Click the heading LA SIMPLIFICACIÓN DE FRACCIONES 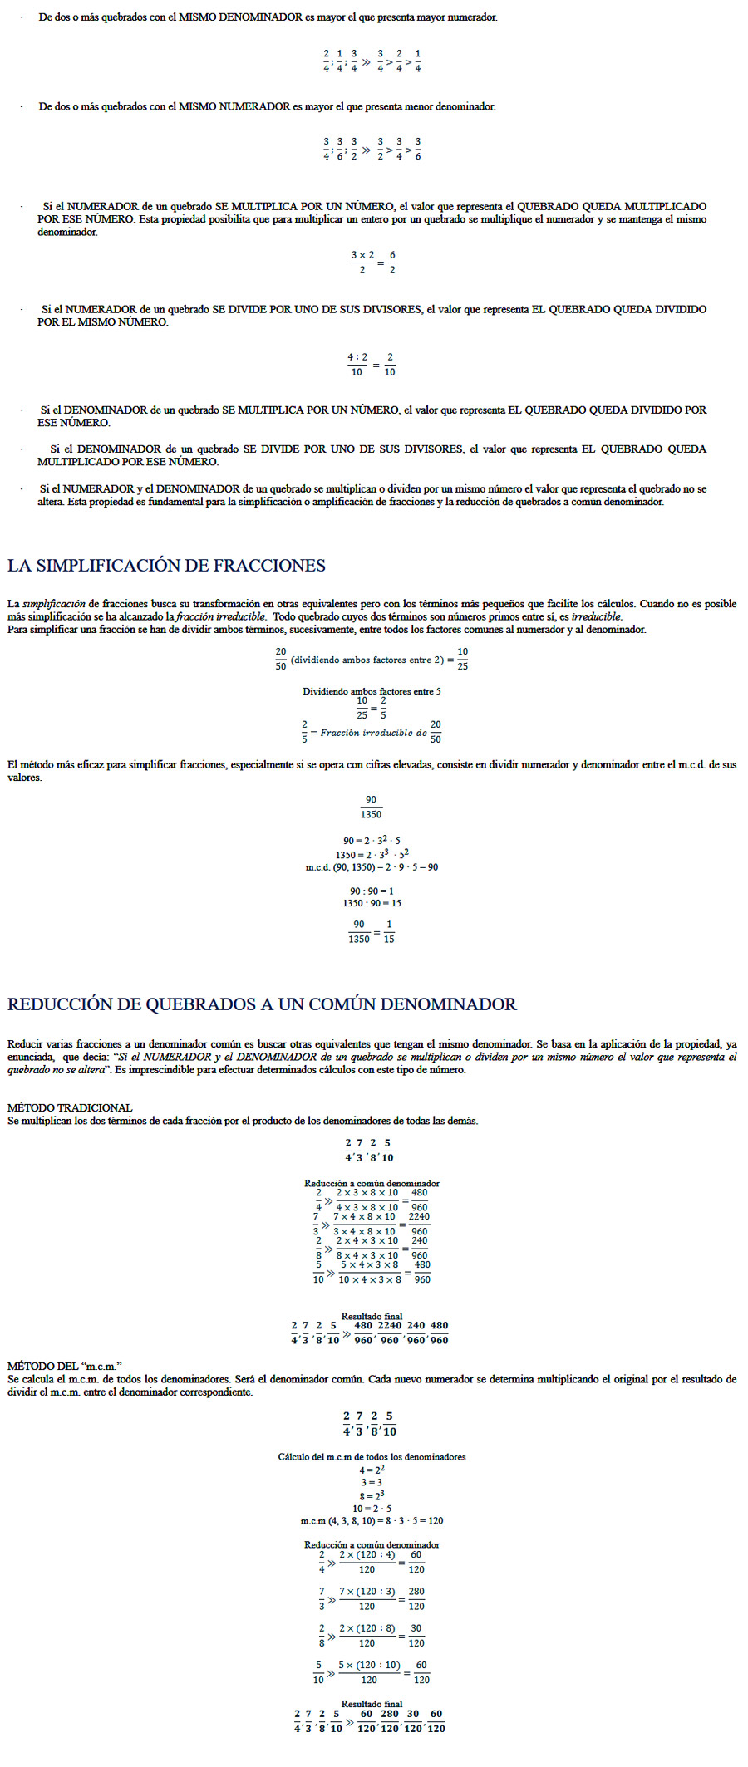(x=166, y=566)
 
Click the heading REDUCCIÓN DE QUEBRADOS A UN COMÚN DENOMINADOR (x=262, y=1004)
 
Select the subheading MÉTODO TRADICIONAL (x=70, y=1107)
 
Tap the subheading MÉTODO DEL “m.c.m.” (x=65, y=1366)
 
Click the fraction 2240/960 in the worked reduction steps (x=419, y=1224)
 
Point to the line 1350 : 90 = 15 (x=372, y=903)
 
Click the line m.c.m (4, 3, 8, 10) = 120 (x=372, y=1520)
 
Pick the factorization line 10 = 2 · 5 (x=372, y=1508)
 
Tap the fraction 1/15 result (x=389, y=931)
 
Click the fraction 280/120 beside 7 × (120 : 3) (x=416, y=1598)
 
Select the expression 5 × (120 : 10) (x=369, y=1665)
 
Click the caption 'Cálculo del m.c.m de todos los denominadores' (x=372, y=1456)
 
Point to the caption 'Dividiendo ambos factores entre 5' (x=372, y=691)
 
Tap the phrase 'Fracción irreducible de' (x=374, y=733)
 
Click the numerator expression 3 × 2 (x=362, y=255)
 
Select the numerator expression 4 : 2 (x=357, y=357)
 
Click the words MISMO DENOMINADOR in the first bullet (x=240, y=17)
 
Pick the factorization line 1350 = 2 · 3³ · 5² (x=372, y=854)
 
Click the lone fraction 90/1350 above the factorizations (x=371, y=807)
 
